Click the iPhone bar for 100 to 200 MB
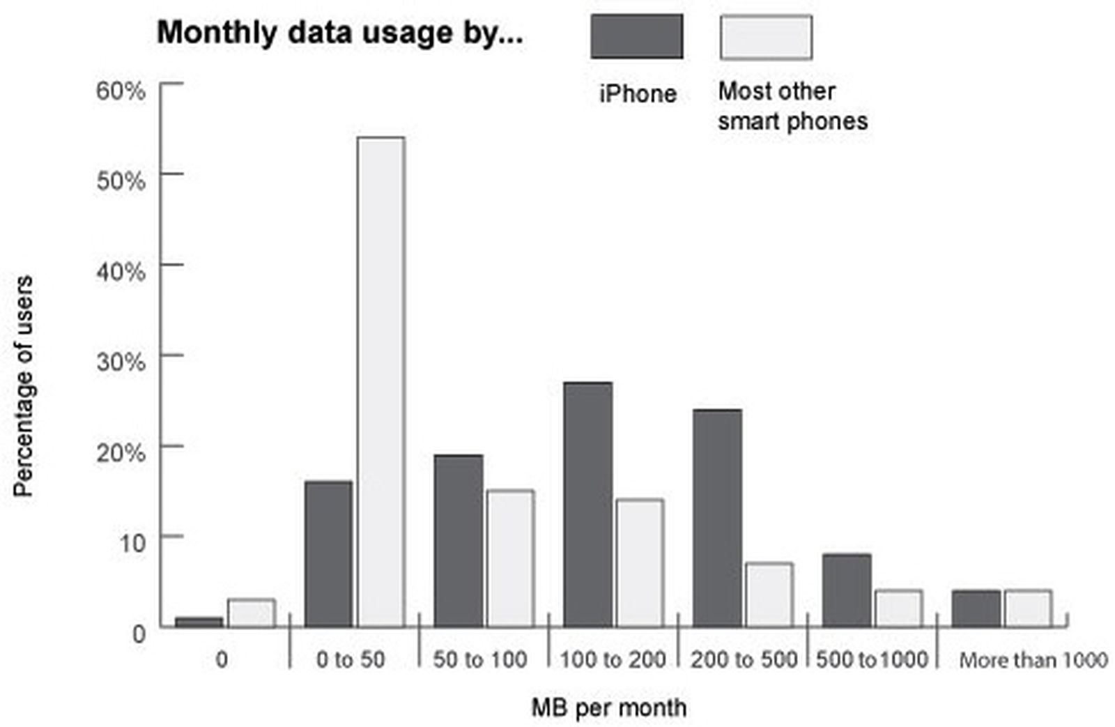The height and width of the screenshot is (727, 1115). [587, 505]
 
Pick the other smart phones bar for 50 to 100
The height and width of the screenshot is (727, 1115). [510, 558]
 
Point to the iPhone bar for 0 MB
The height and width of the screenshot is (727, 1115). [199, 622]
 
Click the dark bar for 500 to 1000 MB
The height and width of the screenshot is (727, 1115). [847, 590]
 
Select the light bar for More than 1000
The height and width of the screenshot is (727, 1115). [1028, 609]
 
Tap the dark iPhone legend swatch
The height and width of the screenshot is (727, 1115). [636, 37]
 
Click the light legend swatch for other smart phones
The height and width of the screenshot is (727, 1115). [765, 37]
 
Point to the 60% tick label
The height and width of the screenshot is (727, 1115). [121, 91]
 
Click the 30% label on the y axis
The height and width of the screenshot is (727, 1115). [121, 362]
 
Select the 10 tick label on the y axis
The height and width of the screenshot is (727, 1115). [131, 542]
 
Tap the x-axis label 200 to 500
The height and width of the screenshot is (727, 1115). [743, 659]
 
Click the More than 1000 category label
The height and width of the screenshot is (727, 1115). [1033, 660]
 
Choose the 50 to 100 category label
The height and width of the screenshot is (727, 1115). [479, 659]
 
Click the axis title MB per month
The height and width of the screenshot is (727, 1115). [608, 707]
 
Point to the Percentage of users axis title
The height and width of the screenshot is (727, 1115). [23, 385]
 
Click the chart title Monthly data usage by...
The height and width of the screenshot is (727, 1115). [339, 33]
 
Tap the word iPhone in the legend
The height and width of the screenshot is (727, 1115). [638, 93]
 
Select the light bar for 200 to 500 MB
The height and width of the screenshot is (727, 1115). [769, 595]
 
